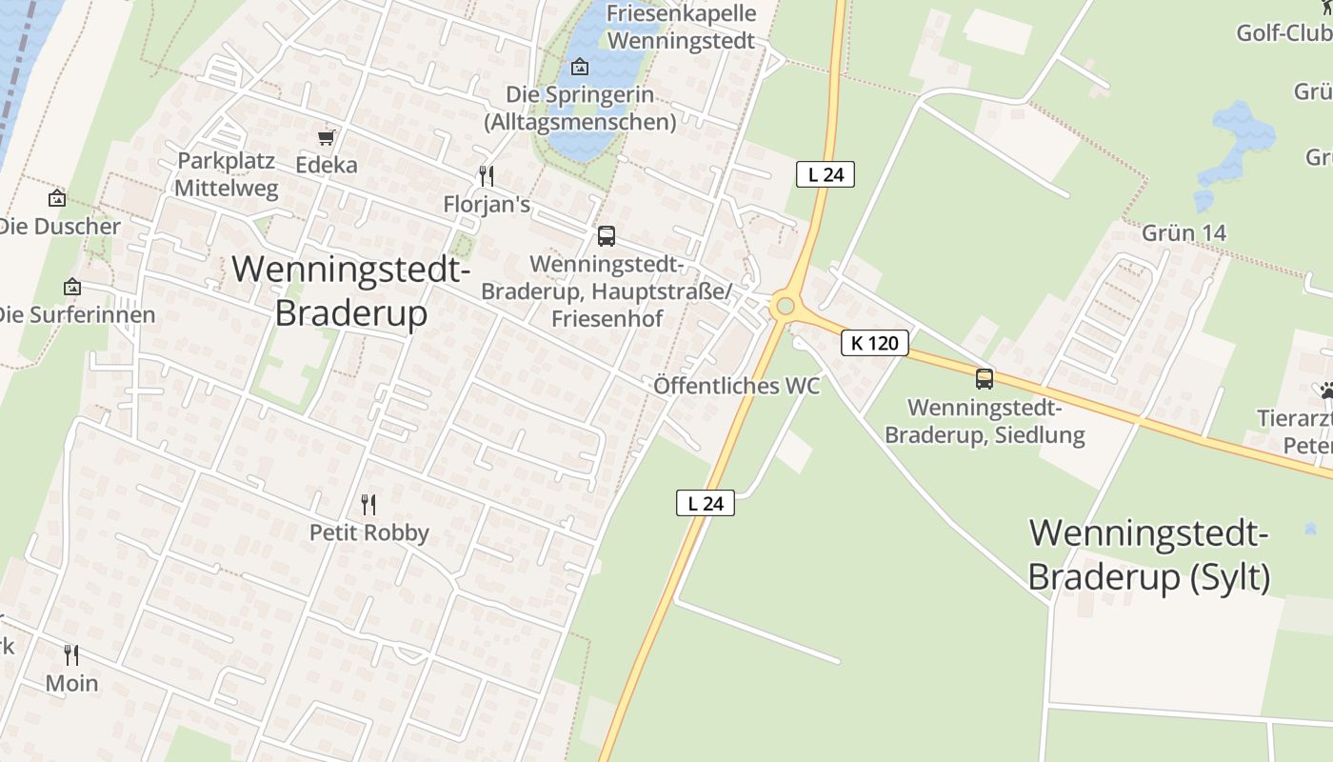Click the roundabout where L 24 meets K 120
(x=785, y=306)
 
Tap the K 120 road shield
(x=875, y=343)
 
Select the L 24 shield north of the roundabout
(x=826, y=174)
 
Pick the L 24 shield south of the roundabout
(x=706, y=503)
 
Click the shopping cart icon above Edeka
(x=327, y=138)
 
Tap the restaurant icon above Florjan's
(x=487, y=176)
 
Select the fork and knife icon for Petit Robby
(x=368, y=504)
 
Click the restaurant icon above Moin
(x=71, y=655)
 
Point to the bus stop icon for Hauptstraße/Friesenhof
(x=606, y=236)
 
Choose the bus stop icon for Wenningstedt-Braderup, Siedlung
(x=985, y=379)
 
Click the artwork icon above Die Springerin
(x=579, y=67)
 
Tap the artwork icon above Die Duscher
(x=57, y=198)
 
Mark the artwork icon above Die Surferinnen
(x=71, y=286)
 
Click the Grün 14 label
(x=1184, y=233)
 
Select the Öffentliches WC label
(x=736, y=386)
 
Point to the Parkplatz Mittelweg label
(x=227, y=174)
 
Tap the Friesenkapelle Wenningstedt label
(x=681, y=27)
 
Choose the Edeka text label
(x=327, y=165)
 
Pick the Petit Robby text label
(x=369, y=532)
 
